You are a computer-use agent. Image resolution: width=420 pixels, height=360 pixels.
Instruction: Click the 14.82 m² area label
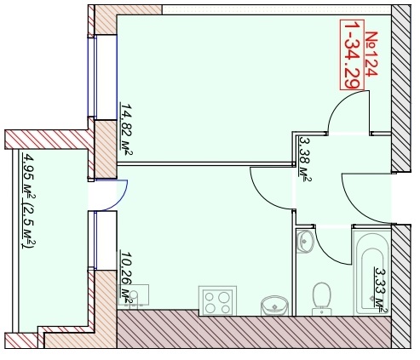(126, 129)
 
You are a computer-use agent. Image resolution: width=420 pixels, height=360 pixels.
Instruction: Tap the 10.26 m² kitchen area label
(126, 278)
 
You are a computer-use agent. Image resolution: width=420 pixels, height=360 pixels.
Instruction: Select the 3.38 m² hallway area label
(305, 159)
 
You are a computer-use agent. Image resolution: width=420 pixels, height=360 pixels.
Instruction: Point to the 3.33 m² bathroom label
(381, 290)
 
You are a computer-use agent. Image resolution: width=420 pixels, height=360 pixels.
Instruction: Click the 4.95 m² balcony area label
(29, 201)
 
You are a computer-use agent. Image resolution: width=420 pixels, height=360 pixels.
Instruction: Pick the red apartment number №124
(371, 54)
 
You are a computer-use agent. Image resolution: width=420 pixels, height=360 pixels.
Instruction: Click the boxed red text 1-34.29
(352, 54)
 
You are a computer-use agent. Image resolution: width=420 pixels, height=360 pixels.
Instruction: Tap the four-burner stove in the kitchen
(217, 300)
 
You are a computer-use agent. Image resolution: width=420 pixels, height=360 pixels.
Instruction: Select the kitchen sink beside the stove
(274, 306)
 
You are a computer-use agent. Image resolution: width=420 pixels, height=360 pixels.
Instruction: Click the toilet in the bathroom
(322, 299)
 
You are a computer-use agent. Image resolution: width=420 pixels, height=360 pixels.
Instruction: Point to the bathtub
(372, 272)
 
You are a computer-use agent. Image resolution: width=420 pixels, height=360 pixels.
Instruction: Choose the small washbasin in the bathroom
(305, 242)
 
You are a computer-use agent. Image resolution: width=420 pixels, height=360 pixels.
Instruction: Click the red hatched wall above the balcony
(49, 140)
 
